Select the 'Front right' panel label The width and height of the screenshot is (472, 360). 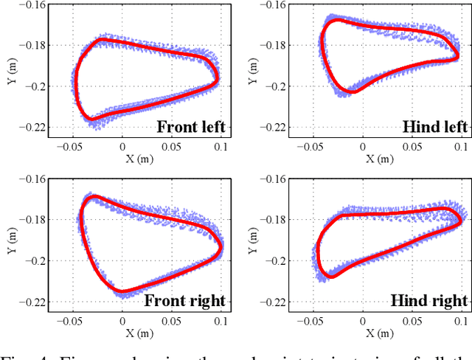pos(184,300)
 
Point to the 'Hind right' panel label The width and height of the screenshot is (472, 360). pos(429,300)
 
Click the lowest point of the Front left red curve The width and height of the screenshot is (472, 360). pos(91,119)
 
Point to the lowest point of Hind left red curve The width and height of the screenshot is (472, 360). pos(353,92)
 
